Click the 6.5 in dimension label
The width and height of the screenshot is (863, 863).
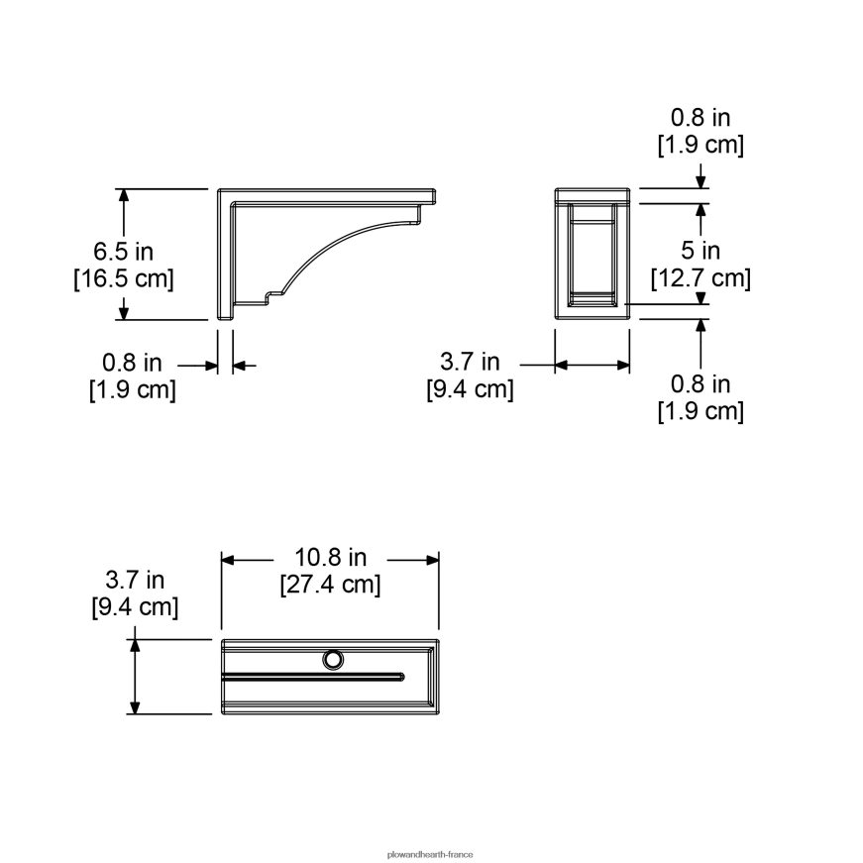point(123,252)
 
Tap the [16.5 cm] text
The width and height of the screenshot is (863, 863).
point(123,278)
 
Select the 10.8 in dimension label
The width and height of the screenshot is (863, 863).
point(330,557)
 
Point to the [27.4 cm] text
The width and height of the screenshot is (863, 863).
point(330,584)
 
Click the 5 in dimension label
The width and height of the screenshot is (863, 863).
point(701,251)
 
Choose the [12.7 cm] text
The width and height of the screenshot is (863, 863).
point(701,278)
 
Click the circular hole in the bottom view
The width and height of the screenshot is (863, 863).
point(333,659)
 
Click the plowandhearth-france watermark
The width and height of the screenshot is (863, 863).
point(430,855)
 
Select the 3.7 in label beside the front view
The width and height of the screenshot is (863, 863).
point(470,362)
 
